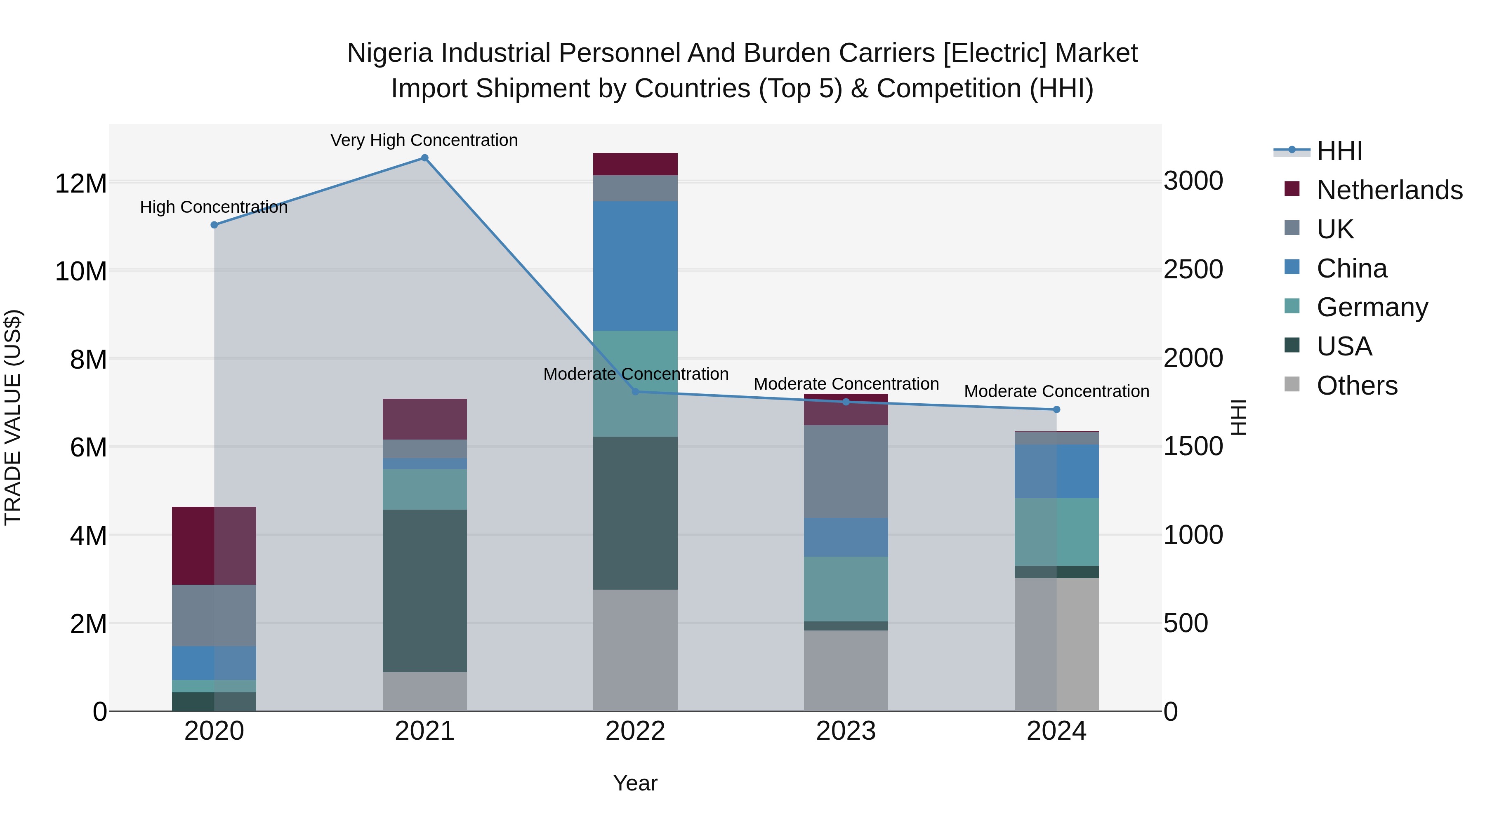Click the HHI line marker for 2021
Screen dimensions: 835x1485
point(424,158)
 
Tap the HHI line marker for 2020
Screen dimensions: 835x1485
point(214,225)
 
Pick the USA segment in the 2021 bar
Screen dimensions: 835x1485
point(424,590)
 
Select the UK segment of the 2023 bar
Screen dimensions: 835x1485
point(846,471)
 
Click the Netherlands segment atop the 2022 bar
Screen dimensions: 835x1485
point(635,164)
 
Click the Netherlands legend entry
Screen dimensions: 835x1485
point(1389,190)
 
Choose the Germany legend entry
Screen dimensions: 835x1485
point(1372,307)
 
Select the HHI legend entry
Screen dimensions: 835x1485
point(1339,151)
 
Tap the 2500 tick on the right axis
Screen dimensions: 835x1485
point(1193,270)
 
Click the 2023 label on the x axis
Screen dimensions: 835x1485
point(846,731)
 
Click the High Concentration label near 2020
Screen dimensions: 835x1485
point(213,207)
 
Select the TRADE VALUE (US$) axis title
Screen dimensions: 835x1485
point(13,417)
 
